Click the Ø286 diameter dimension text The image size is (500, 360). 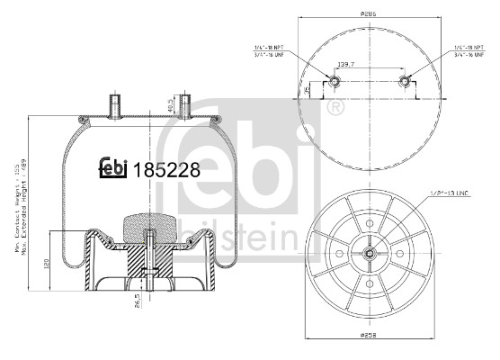(x=369, y=13)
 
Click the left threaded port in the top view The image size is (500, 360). (x=334, y=83)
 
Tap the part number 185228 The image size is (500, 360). (x=165, y=168)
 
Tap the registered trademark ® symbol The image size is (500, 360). (x=336, y=109)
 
